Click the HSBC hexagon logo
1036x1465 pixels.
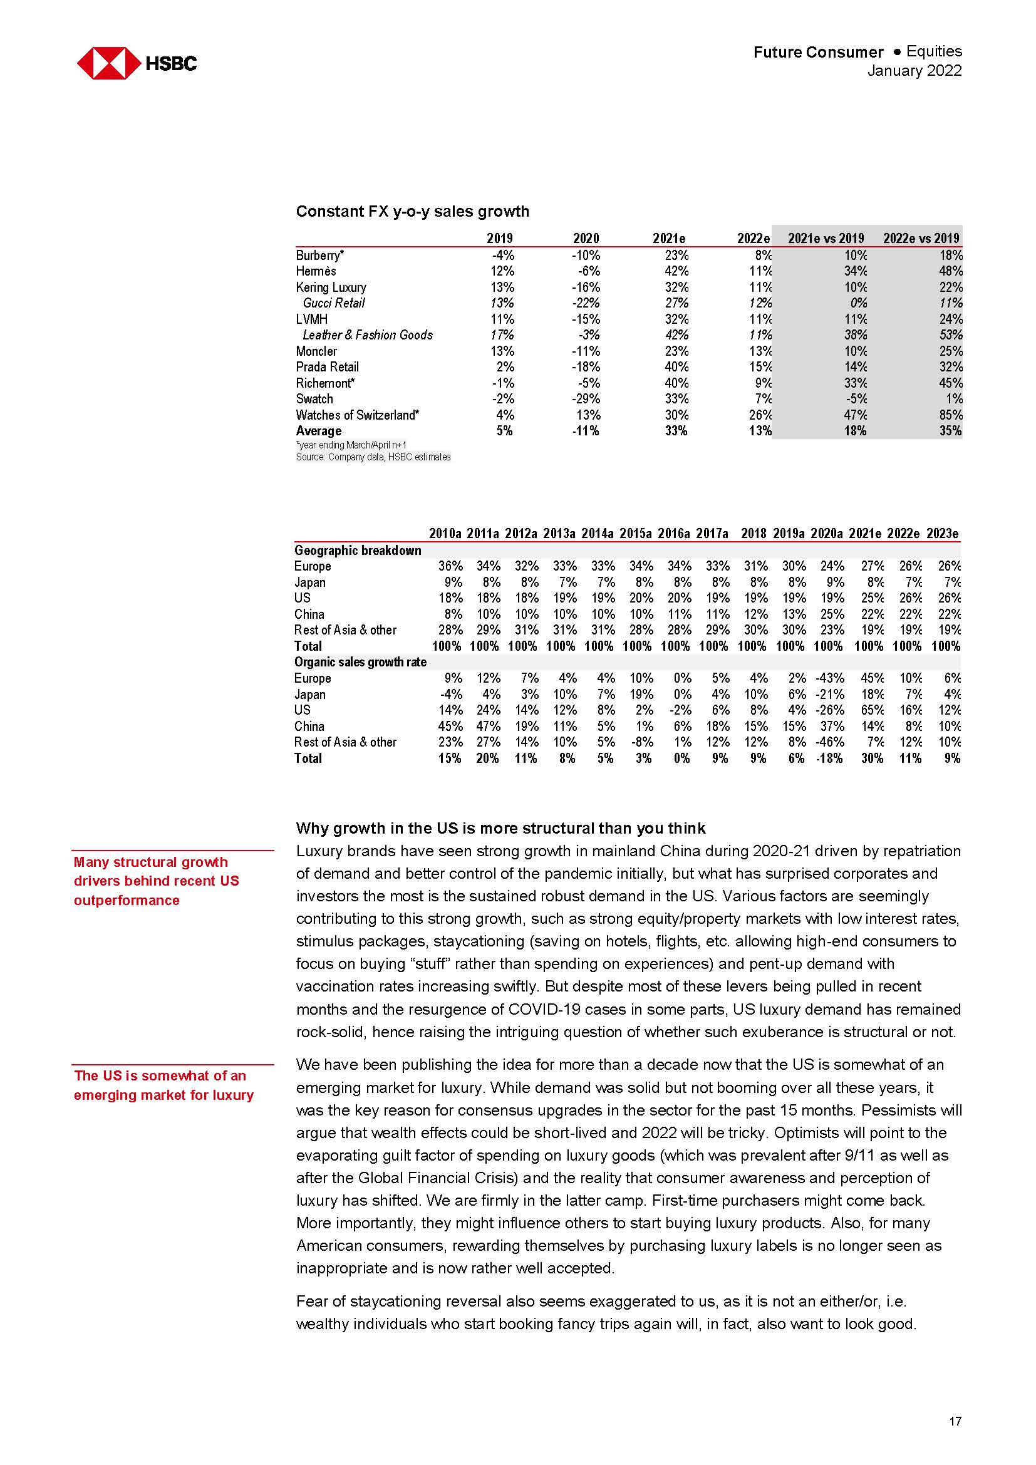[x=109, y=63]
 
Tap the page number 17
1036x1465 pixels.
[x=955, y=1422]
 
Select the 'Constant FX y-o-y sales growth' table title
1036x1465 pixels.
[x=412, y=211]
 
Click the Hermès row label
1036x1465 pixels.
[x=316, y=271]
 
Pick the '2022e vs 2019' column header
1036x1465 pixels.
[x=921, y=238]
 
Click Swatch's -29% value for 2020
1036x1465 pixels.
[x=586, y=399]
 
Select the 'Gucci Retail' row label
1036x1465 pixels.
[x=334, y=303]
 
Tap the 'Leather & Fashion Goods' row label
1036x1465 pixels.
[x=368, y=335]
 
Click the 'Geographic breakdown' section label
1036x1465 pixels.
[x=357, y=550]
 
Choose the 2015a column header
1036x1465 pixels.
[x=635, y=534]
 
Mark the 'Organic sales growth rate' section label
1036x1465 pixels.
[x=360, y=661]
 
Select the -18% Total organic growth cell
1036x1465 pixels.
[x=829, y=758]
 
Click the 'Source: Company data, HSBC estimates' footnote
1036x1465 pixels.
[x=373, y=457]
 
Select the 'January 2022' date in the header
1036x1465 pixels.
[x=913, y=71]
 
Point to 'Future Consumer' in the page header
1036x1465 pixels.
[x=818, y=53]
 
